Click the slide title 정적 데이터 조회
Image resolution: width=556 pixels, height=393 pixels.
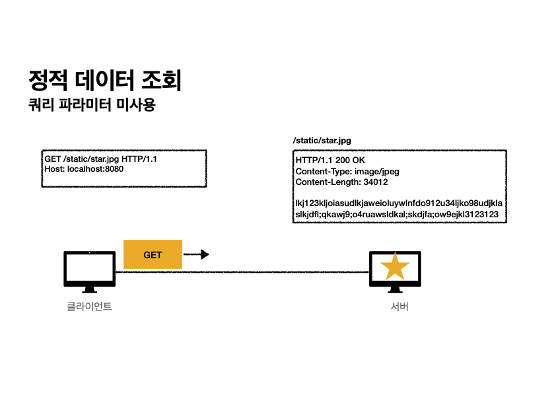coord(104,81)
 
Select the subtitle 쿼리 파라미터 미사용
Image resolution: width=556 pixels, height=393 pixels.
coord(92,105)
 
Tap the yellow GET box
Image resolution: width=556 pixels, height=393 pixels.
coord(153,254)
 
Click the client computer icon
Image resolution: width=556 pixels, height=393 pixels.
coord(89,269)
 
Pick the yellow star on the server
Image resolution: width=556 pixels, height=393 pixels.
coord(395,267)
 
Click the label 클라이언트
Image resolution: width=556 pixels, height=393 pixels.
coord(89,306)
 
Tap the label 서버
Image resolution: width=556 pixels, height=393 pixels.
coord(399,306)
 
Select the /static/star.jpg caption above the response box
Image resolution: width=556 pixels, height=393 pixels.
coord(322,141)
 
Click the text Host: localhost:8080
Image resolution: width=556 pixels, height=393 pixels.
coord(84,169)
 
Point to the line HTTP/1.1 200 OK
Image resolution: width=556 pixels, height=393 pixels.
coord(330,161)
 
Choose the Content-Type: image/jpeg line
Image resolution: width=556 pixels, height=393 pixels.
coord(347,172)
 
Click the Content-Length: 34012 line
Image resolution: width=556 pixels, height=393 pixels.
coord(341,182)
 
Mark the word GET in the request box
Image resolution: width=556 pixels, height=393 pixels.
coord(52,159)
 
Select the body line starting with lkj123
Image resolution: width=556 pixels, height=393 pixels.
coord(399,203)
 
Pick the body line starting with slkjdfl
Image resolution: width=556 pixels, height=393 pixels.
coord(397,215)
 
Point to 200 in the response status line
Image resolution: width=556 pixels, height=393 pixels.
coord(343,161)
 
